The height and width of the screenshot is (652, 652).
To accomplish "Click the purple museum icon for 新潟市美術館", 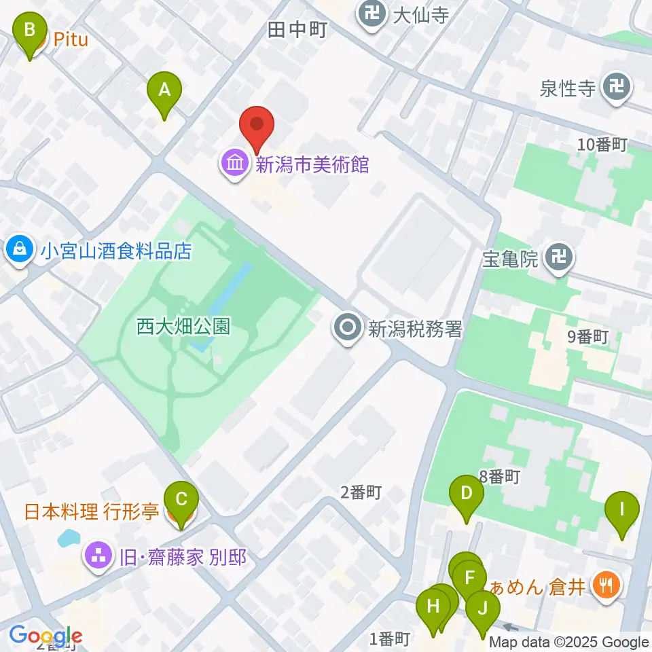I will tap(235, 164).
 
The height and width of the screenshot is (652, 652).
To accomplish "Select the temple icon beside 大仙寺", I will tap(372, 14).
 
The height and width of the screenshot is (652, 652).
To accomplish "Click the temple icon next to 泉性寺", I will tap(617, 88).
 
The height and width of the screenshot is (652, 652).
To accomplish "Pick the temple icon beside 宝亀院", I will tap(559, 258).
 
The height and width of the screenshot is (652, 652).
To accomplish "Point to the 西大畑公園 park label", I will tap(183, 327).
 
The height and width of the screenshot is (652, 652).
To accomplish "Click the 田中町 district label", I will tap(297, 30).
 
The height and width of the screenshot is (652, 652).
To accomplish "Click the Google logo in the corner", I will tap(46, 636).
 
